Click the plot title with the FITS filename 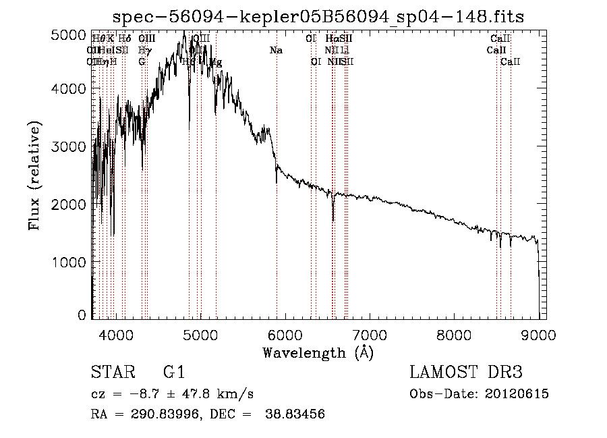[x=318, y=16]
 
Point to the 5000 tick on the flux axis [x=70, y=34]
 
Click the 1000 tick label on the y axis [x=70, y=261]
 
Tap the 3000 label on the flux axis [x=70, y=146]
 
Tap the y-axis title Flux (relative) [x=34, y=175]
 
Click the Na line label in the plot [x=276, y=51]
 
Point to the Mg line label [x=216, y=62]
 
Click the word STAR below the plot [x=112, y=372]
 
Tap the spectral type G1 [x=173, y=372]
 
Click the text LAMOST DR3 [x=465, y=372]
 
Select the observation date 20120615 [x=517, y=394]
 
